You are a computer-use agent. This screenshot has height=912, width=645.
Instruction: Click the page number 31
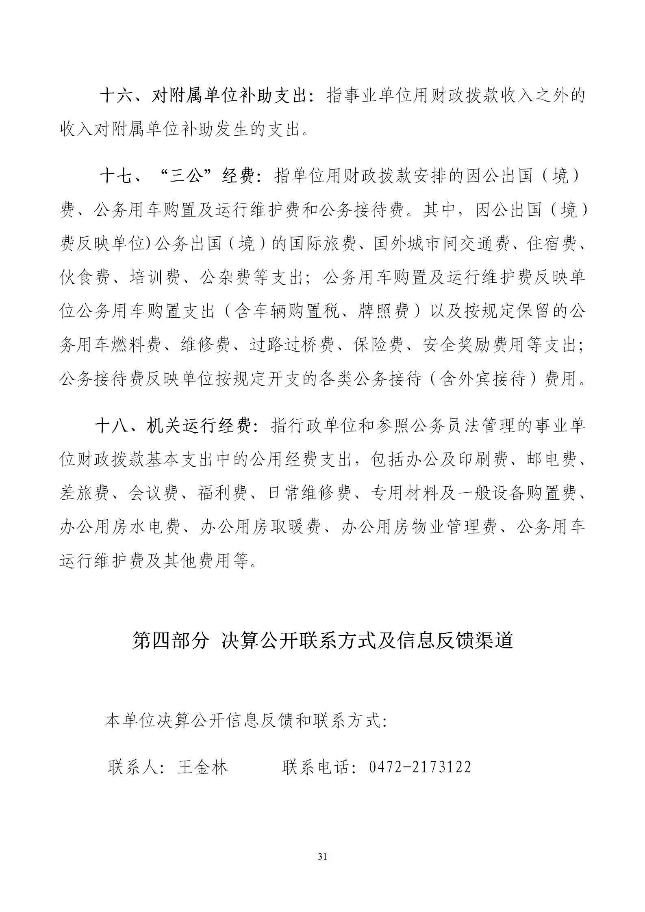click(x=322, y=857)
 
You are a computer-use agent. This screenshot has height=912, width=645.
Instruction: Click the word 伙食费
click(x=85, y=278)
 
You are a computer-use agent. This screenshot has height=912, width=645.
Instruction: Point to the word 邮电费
click(x=551, y=460)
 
